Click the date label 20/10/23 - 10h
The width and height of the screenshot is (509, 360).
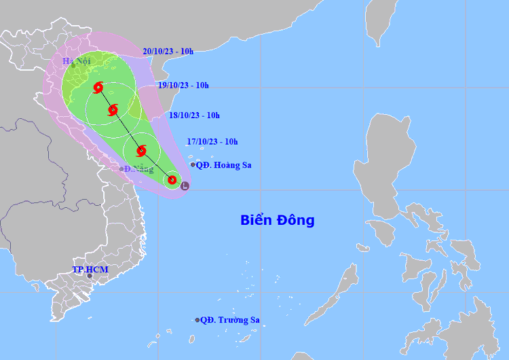(x=168, y=51)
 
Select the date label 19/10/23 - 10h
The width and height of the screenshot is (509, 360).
(x=183, y=85)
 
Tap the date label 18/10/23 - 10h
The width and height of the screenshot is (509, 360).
(x=194, y=115)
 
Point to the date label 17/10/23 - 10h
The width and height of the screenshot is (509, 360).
(x=212, y=141)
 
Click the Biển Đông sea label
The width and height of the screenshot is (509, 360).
(x=277, y=220)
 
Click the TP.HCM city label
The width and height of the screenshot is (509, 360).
(x=90, y=270)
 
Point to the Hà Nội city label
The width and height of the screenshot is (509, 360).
(x=77, y=61)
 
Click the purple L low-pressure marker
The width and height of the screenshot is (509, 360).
(x=185, y=185)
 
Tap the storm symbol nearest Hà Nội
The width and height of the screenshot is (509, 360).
(x=98, y=87)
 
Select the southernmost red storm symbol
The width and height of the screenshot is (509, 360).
(x=172, y=180)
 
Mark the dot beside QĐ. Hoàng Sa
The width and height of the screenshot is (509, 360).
(x=193, y=164)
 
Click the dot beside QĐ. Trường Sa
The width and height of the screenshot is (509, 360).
(x=197, y=320)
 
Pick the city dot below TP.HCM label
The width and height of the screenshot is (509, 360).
(x=89, y=276)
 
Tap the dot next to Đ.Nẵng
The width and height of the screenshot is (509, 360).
(x=121, y=169)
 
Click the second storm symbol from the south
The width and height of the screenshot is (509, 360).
(x=141, y=151)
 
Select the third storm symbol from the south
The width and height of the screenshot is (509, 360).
(x=113, y=109)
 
